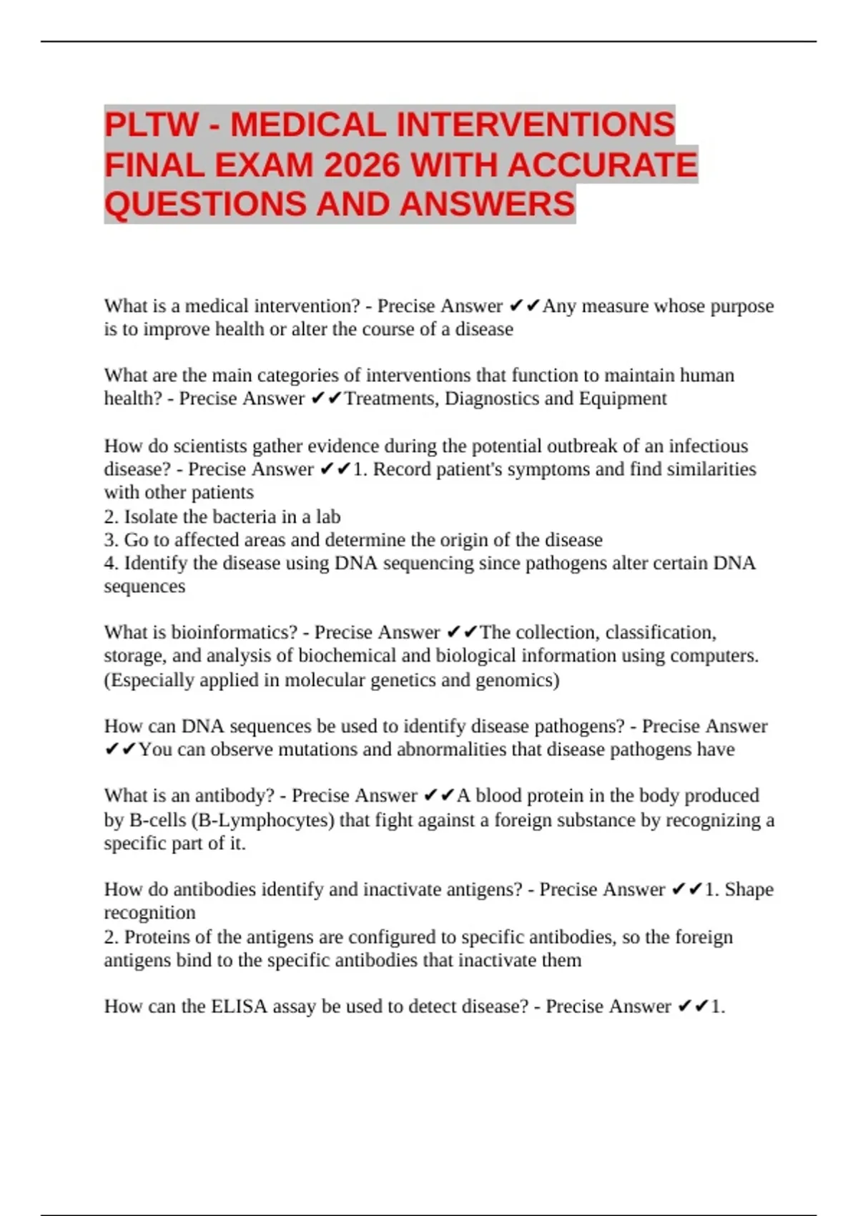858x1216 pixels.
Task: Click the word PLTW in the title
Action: click(151, 124)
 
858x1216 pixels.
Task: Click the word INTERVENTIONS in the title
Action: click(535, 124)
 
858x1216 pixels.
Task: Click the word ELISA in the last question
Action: click(238, 1006)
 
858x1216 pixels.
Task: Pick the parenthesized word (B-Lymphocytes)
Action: click(263, 820)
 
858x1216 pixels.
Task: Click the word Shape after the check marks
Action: click(749, 890)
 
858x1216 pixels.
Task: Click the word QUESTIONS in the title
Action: click(206, 205)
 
